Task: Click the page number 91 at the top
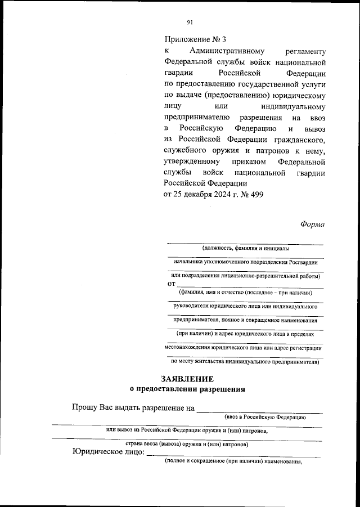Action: (x=190, y=22)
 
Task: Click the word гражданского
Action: (x=300, y=139)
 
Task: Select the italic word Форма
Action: (x=312, y=223)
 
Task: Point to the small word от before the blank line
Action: (x=172, y=284)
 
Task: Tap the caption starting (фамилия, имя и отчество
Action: (x=245, y=292)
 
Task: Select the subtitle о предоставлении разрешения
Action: (x=187, y=388)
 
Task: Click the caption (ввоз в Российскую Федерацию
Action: (x=264, y=417)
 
